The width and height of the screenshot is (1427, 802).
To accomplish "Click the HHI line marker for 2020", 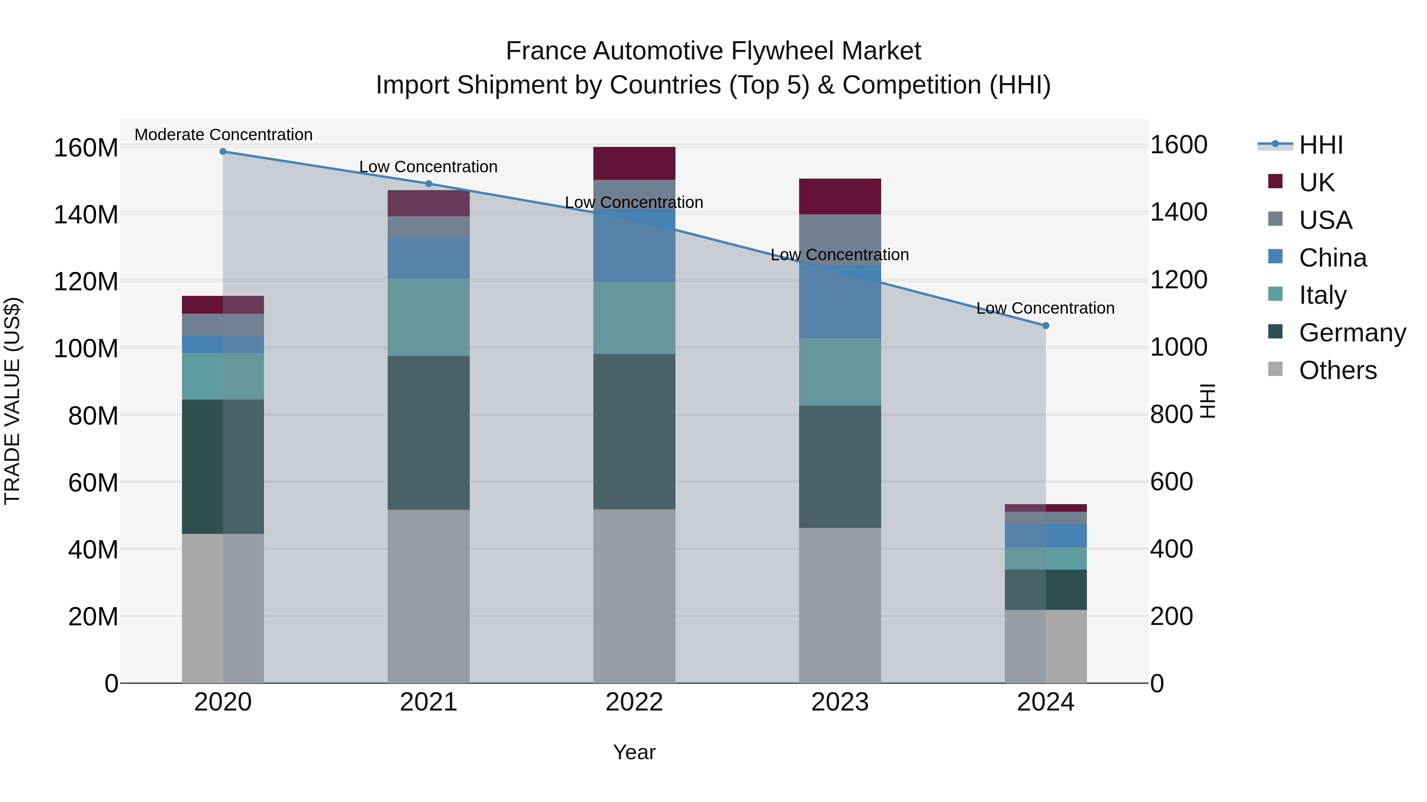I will click(223, 152).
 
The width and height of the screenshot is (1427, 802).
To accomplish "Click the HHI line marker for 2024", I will click(1045, 326).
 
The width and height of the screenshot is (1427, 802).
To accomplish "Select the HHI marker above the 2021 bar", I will click(428, 184).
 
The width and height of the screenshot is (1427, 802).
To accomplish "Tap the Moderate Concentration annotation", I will click(223, 135).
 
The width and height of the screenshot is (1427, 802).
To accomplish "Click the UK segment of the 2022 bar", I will click(634, 163).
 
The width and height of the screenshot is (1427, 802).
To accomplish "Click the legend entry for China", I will click(1332, 257).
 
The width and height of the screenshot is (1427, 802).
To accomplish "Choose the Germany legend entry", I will click(1352, 332).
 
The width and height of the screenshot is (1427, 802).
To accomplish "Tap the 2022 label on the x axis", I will click(634, 702).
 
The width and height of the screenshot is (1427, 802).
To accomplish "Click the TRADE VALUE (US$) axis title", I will click(12, 401).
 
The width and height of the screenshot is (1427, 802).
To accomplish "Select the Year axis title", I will click(634, 752).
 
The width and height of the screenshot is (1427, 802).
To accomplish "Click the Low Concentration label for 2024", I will click(1045, 308).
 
